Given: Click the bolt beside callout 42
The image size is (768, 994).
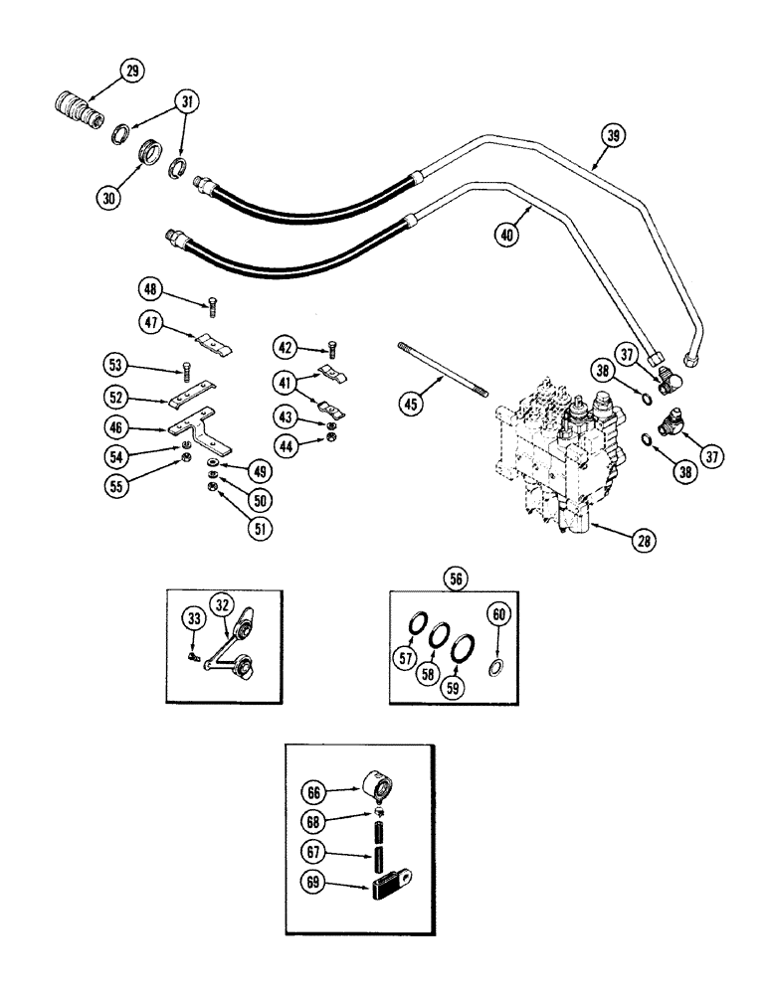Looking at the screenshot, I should click(331, 348).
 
